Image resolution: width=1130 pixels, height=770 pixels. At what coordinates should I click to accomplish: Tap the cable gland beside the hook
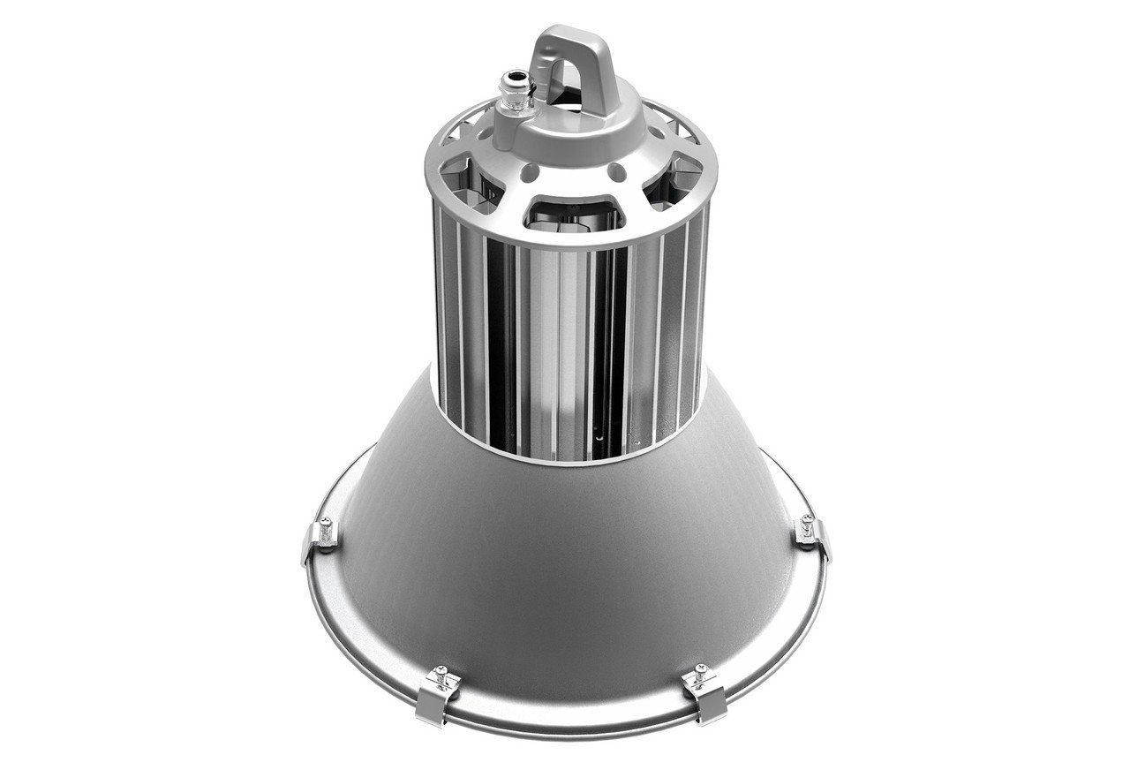[x=513, y=97]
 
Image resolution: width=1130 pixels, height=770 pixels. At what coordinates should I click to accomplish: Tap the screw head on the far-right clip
[x=805, y=521]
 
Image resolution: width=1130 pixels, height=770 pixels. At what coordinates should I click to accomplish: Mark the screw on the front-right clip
[x=701, y=671]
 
